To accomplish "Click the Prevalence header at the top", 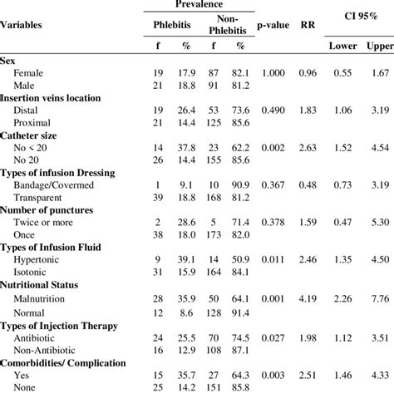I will point(200,4).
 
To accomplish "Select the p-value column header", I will point(273,25).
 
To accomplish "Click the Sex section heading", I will point(8,61).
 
